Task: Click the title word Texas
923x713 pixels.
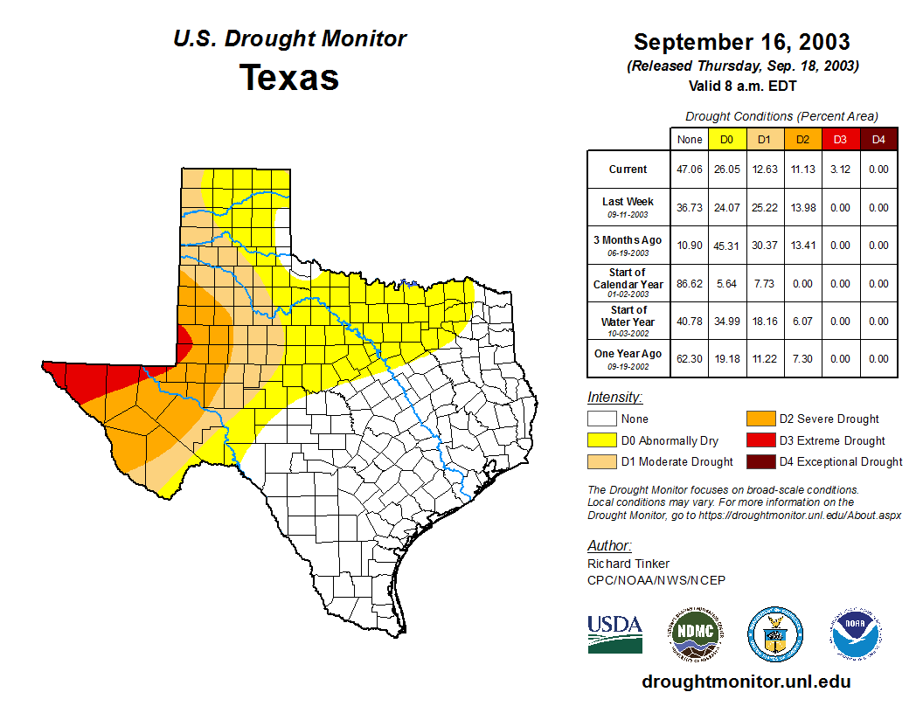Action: tap(289, 78)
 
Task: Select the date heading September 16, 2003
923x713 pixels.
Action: tap(741, 42)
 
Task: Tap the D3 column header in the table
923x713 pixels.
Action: tap(840, 139)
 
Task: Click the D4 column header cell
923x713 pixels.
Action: tap(878, 139)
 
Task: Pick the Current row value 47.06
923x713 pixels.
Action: tap(690, 170)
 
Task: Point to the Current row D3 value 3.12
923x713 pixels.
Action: tap(840, 170)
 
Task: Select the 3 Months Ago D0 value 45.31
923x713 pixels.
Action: tap(727, 246)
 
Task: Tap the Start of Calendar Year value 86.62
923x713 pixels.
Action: tap(690, 284)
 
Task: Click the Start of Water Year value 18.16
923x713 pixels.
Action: tap(765, 322)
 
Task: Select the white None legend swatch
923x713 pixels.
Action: tap(602, 419)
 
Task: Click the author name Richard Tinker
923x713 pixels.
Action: tap(628, 564)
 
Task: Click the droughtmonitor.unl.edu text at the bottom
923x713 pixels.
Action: tap(746, 682)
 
